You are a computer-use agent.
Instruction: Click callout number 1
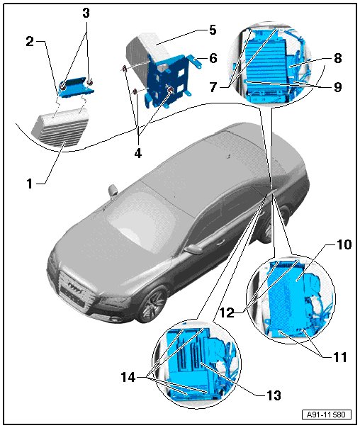(x=30, y=184)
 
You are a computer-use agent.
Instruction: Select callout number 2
(x=30, y=42)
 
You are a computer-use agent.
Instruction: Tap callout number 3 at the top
(x=86, y=13)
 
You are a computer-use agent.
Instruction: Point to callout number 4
(x=137, y=153)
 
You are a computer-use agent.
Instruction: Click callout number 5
(x=213, y=30)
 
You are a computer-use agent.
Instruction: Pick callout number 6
(x=213, y=58)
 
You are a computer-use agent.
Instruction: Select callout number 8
(x=338, y=58)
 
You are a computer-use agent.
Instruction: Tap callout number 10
(x=344, y=244)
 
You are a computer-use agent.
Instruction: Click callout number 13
(x=274, y=395)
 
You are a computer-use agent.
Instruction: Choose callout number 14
(x=128, y=378)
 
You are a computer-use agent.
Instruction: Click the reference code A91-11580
(x=326, y=415)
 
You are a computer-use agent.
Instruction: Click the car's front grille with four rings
(x=74, y=290)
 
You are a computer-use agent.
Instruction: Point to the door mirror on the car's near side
(x=193, y=249)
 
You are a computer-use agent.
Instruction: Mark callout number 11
(x=339, y=357)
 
